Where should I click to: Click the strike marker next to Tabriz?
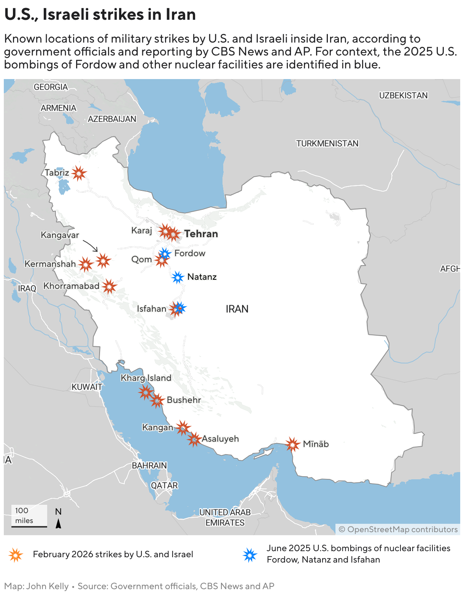pyautogui.click(x=79, y=173)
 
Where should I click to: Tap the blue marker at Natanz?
pyautogui.click(x=178, y=277)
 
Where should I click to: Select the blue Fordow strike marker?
pyautogui.click(x=165, y=254)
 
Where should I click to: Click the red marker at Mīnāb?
pyautogui.click(x=292, y=444)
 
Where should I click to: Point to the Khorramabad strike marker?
pyautogui.click(x=110, y=286)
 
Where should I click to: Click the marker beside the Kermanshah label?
pyautogui.click(x=86, y=264)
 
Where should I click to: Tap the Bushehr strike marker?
pyautogui.click(x=157, y=400)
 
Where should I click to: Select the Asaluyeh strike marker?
pyautogui.click(x=194, y=439)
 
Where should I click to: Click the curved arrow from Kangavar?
pyautogui.click(x=91, y=246)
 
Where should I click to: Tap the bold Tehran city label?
pyautogui.click(x=201, y=234)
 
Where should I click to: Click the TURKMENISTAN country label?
pyautogui.click(x=327, y=144)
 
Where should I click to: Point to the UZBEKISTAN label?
pyautogui.click(x=403, y=95)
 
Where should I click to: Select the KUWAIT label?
pyautogui.click(x=87, y=387)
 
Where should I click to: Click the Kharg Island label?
pyautogui.click(x=146, y=378)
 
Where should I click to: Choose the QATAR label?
pyautogui.click(x=164, y=485)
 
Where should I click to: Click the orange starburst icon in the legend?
pyautogui.click(x=16, y=555)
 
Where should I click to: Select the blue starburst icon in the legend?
pyautogui.click(x=250, y=555)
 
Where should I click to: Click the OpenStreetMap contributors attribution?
pyautogui.click(x=398, y=529)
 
